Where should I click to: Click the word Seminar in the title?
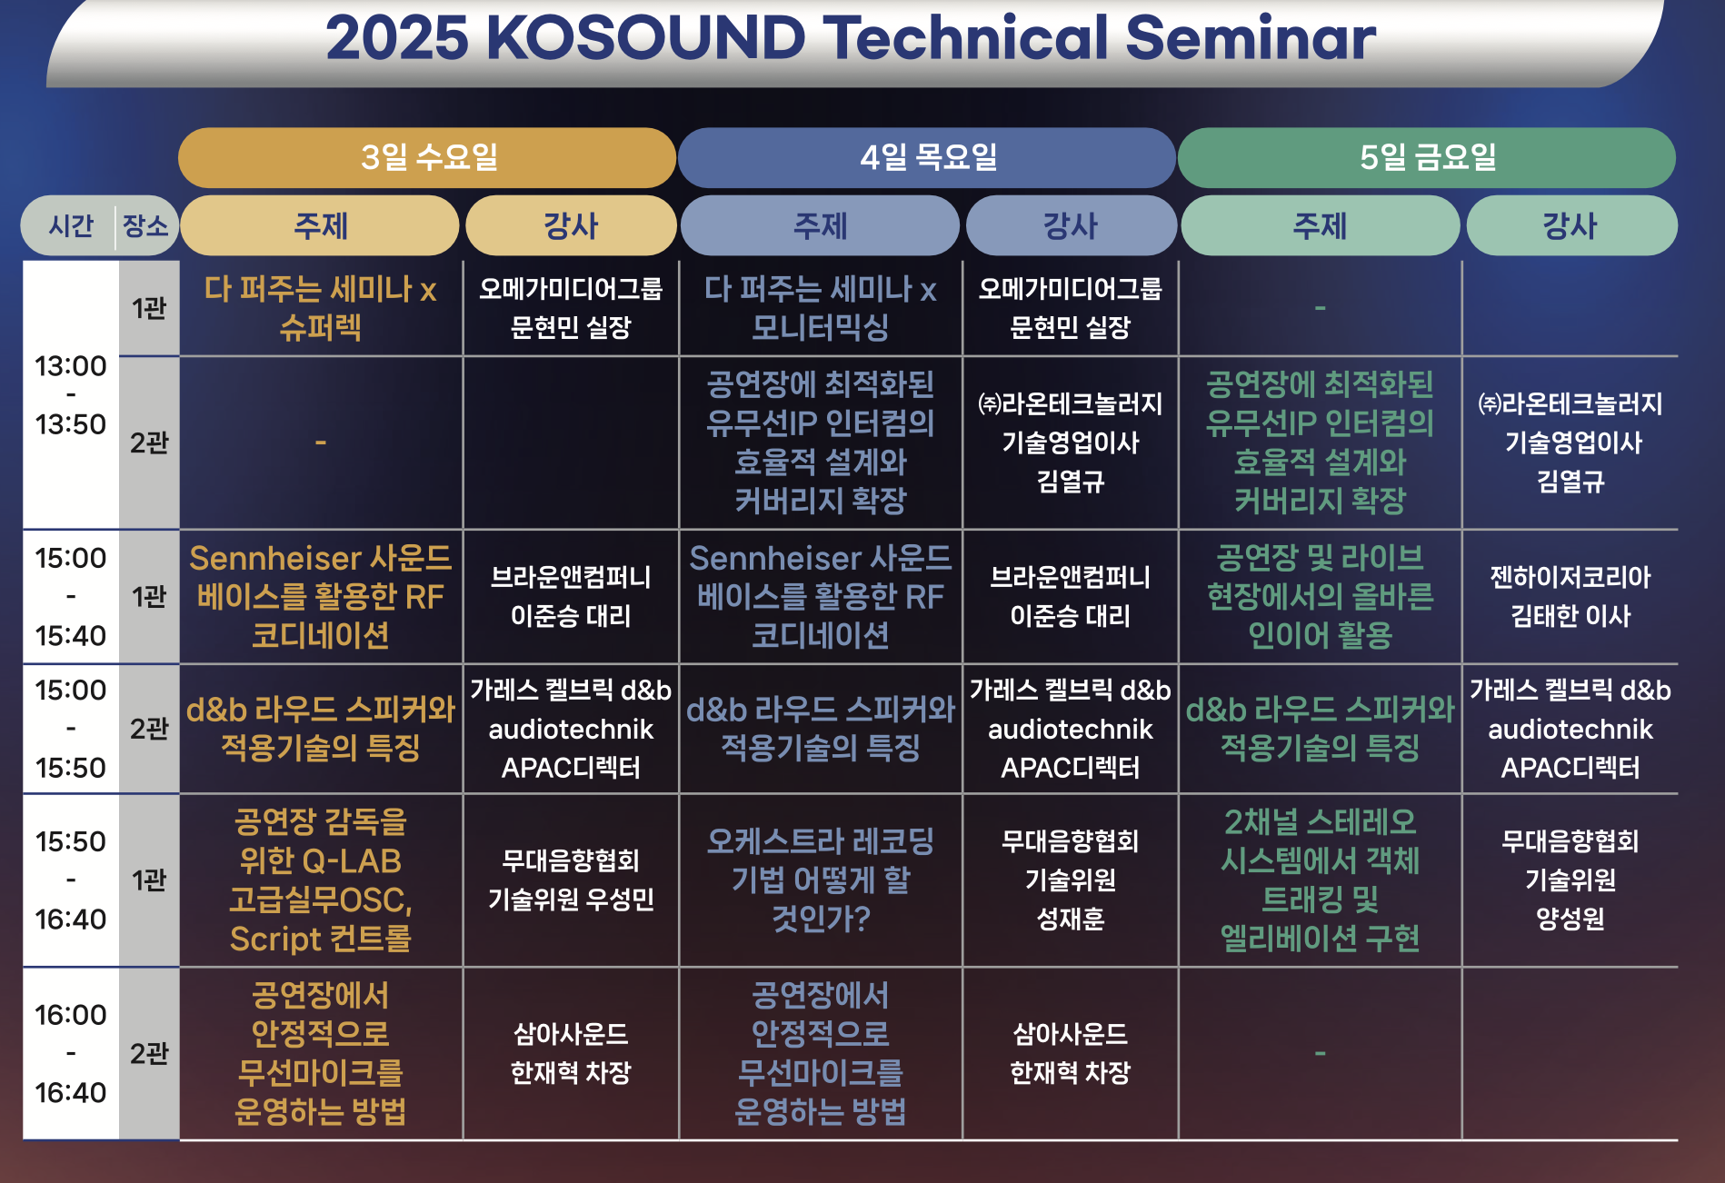(x=1251, y=38)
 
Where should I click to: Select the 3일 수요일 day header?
(x=427, y=157)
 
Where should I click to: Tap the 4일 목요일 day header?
(x=927, y=157)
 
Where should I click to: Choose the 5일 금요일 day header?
(x=1427, y=157)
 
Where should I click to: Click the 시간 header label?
(x=71, y=225)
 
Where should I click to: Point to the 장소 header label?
(x=145, y=225)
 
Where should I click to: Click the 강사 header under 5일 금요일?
(x=1570, y=225)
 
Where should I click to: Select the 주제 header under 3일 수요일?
(x=320, y=225)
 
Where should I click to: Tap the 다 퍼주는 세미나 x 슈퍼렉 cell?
(x=321, y=308)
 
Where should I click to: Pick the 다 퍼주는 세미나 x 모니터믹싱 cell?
(x=821, y=308)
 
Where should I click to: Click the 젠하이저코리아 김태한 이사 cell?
(x=1570, y=597)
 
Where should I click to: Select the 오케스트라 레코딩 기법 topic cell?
(x=821, y=880)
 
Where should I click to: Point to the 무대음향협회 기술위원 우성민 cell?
(x=571, y=880)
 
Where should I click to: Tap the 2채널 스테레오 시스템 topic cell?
(x=1321, y=880)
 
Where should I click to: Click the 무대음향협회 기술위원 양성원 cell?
(x=1570, y=880)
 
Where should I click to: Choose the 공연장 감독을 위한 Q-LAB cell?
(x=321, y=880)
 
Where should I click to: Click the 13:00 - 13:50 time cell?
(x=71, y=395)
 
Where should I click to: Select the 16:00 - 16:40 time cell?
(x=71, y=1053)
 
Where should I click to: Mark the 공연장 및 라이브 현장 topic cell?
(x=1321, y=597)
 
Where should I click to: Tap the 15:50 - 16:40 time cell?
(x=71, y=880)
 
